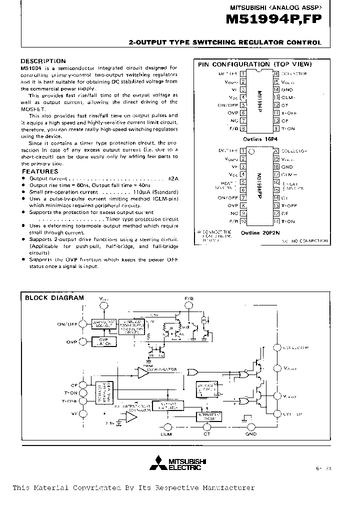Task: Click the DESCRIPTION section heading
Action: pos(43,61)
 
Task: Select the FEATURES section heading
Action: pos(40,171)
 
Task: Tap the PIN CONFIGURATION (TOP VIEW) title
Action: pos(254,64)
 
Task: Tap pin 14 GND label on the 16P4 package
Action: pos(287,89)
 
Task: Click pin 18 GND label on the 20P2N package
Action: pos(287,166)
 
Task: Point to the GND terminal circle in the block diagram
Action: pos(251,426)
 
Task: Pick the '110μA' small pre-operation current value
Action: pos(142,191)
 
